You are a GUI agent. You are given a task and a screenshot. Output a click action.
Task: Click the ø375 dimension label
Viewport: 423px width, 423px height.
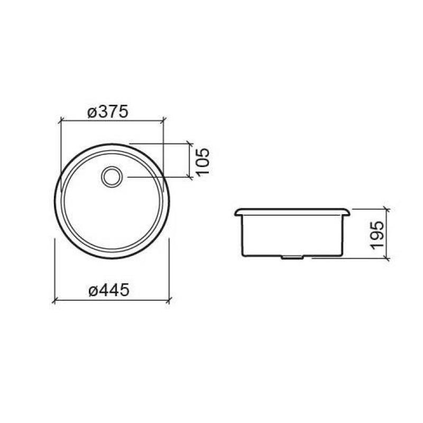pyautogui.click(x=108, y=112)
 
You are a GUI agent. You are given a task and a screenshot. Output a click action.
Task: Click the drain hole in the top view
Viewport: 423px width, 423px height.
pyautogui.click(x=112, y=177)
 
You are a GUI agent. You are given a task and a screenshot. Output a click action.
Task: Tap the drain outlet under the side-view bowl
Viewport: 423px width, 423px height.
pyautogui.click(x=292, y=258)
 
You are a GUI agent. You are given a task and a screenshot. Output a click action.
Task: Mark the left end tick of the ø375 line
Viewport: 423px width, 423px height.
pyautogui.click(x=60, y=121)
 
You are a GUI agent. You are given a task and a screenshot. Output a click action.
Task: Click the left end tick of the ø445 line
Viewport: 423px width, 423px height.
pyautogui.click(x=54, y=301)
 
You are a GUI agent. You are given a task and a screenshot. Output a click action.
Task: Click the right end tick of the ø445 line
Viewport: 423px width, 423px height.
pyautogui.click(x=169, y=301)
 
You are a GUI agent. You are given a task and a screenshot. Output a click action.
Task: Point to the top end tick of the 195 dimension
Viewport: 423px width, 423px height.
pyautogui.click(x=388, y=208)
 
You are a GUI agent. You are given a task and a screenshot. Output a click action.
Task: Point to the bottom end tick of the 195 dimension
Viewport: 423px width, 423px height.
pyautogui.click(x=388, y=258)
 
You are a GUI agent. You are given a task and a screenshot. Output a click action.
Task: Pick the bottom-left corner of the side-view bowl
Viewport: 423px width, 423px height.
pyautogui.click(x=244, y=255)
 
